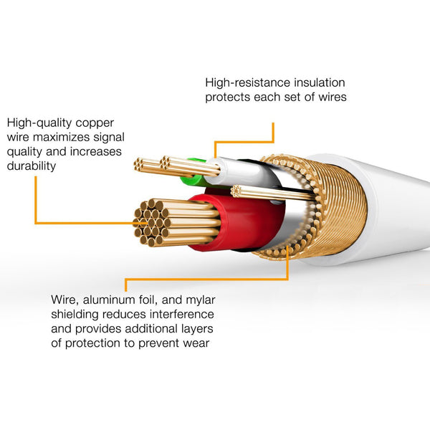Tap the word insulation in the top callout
click(x=315, y=82)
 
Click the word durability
click(x=32, y=166)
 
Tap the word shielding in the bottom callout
click(x=75, y=314)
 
